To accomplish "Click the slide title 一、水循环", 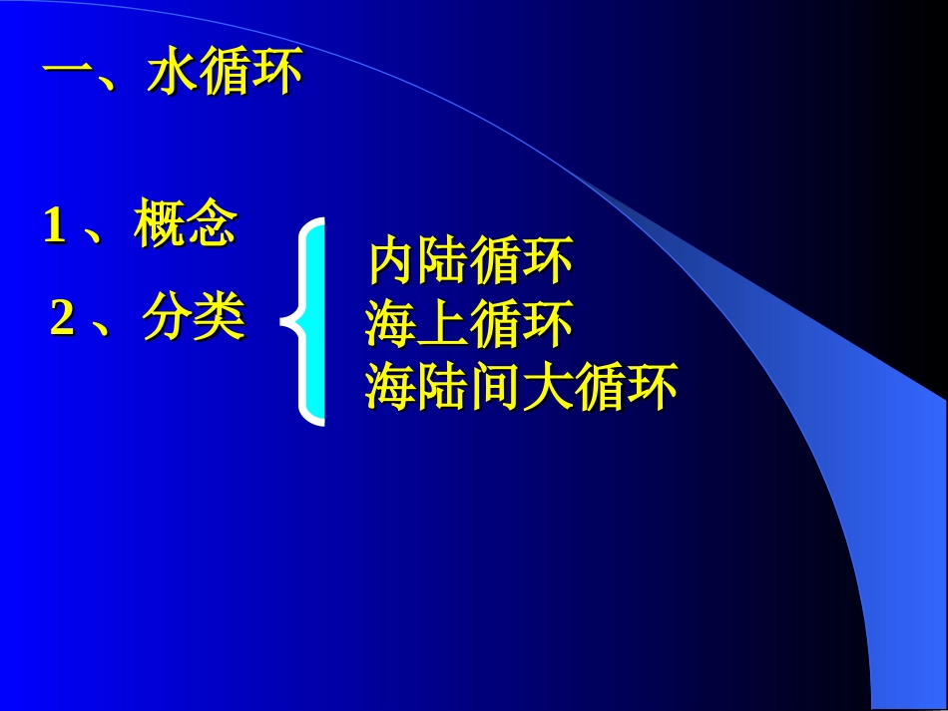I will (x=172, y=76).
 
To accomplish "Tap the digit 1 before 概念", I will (x=54, y=227).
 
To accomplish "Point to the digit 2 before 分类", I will (x=62, y=319).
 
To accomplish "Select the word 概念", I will (x=185, y=226).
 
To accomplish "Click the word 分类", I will (x=194, y=319).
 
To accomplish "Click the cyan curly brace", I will (x=307, y=321).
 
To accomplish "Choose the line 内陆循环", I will (x=470, y=262).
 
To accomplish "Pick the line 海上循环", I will (x=468, y=325).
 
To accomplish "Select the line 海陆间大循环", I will (x=520, y=387).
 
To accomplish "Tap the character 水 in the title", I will (x=172, y=76).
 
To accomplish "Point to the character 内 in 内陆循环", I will (x=392, y=262).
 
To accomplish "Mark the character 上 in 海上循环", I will (x=442, y=325).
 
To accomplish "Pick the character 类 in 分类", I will (x=220, y=319).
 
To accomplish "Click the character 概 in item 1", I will (x=159, y=226).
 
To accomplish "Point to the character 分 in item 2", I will (x=168, y=319).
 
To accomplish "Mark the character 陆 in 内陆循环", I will (x=444, y=262).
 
